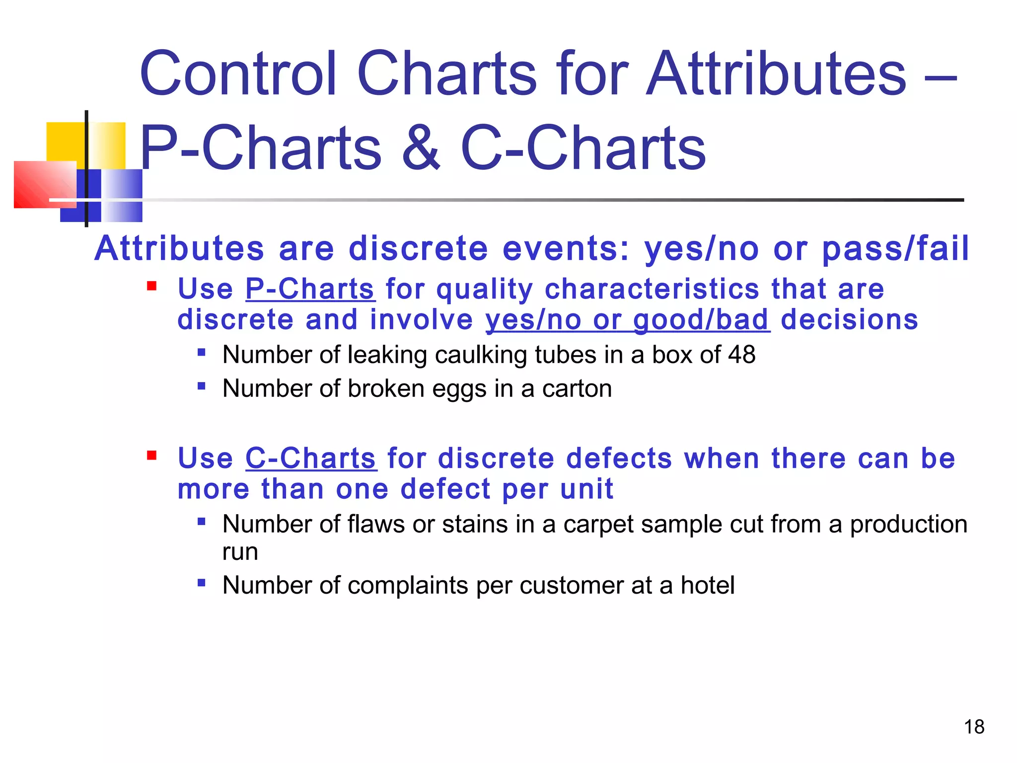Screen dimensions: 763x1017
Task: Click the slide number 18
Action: click(x=974, y=727)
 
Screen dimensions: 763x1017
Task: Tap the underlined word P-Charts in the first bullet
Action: click(x=310, y=289)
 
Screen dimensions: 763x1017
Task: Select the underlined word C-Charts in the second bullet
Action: click(x=311, y=458)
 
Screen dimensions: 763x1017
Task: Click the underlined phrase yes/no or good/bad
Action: click(x=627, y=319)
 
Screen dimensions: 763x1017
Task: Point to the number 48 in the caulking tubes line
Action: click(x=741, y=355)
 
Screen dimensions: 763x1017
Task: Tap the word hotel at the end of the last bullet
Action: click(x=707, y=585)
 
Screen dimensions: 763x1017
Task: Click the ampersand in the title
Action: click(x=421, y=148)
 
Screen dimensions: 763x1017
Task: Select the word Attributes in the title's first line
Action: click(x=776, y=74)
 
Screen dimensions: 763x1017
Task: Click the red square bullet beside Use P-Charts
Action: click(x=152, y=286)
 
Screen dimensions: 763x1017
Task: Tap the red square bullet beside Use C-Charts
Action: click(x=152, y=455)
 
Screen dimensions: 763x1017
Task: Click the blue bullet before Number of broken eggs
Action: click(x=201, y=385)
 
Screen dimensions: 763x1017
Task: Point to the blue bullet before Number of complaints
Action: click(x=201, y=582)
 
